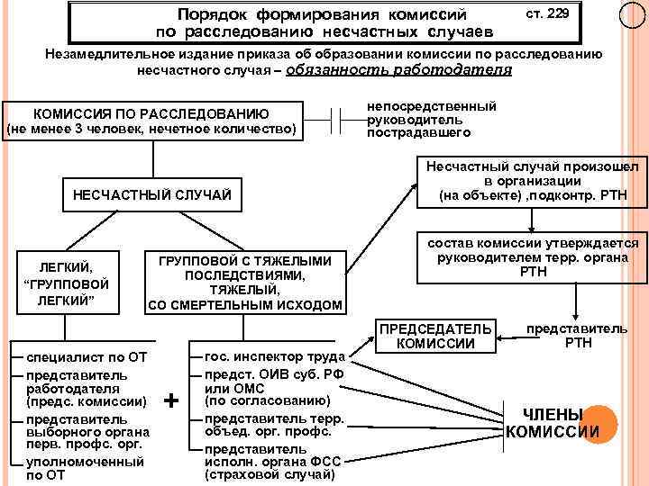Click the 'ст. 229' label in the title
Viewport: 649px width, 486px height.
[547, 15]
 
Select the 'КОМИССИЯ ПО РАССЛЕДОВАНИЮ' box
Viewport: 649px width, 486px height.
[151, 121]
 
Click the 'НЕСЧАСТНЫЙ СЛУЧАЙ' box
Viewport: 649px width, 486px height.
[151, 194]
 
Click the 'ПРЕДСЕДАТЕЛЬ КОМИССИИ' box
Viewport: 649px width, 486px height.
[434, 335]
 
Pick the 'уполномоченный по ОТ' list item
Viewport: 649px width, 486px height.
[86, 467]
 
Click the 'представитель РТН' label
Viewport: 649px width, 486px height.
[577, 335]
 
